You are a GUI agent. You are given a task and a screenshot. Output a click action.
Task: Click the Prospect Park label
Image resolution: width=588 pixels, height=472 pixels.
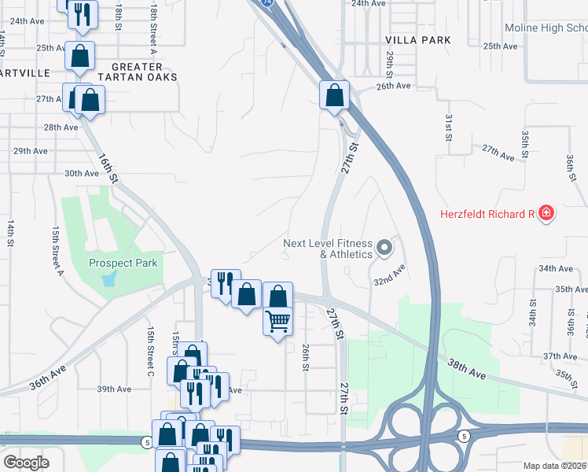123,264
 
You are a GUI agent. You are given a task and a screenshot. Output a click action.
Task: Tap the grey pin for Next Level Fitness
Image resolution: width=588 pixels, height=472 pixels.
384,249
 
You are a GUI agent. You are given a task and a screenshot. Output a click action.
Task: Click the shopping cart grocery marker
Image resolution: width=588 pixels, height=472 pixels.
277,320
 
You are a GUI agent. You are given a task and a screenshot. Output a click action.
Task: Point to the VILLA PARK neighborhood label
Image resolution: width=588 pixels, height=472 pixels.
418,39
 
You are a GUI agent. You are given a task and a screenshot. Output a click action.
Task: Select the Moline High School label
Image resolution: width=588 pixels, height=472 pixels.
546,28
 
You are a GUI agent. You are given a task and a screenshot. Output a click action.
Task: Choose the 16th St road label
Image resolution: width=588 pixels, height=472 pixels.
108,168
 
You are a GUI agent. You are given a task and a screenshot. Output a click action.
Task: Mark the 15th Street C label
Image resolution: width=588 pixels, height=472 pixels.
149,351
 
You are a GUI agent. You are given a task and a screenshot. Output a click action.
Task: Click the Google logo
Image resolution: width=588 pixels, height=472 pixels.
27,463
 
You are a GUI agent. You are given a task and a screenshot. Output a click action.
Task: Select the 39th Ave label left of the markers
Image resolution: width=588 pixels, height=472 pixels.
113,389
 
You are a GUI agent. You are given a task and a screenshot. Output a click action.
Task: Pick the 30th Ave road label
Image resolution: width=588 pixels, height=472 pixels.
81,173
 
